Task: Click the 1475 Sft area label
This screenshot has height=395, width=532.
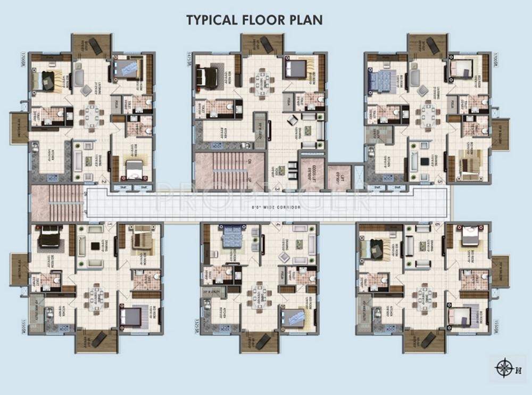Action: (x=189, y=59)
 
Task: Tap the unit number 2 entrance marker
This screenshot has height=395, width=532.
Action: (x=104, y=182)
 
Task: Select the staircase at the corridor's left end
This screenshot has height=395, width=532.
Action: (x=57, y=203)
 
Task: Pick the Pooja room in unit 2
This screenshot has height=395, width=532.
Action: (x=115, y=104)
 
